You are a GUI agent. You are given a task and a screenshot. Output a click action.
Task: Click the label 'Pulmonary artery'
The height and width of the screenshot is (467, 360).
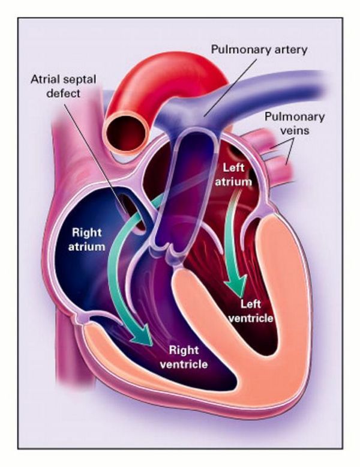259,49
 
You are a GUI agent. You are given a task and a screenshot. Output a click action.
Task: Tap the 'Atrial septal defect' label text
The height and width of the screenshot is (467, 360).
64,86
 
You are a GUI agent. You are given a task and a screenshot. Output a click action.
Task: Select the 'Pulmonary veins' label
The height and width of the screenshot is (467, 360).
295,123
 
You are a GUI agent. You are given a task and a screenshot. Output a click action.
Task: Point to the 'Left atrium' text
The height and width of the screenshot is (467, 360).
233,175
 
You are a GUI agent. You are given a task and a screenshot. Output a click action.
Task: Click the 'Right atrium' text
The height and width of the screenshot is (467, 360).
86,240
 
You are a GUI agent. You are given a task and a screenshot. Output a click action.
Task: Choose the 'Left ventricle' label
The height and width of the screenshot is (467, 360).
250,311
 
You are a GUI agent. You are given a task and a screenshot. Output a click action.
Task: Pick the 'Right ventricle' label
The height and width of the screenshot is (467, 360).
184,357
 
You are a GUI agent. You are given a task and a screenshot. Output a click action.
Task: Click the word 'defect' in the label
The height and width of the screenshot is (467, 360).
64,93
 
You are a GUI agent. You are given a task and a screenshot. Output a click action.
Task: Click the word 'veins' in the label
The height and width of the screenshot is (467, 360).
295,130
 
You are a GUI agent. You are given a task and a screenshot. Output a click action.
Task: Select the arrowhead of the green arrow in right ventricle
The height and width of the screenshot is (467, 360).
142,334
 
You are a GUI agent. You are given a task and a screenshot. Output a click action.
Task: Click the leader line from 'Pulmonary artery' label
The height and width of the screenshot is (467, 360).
230,87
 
